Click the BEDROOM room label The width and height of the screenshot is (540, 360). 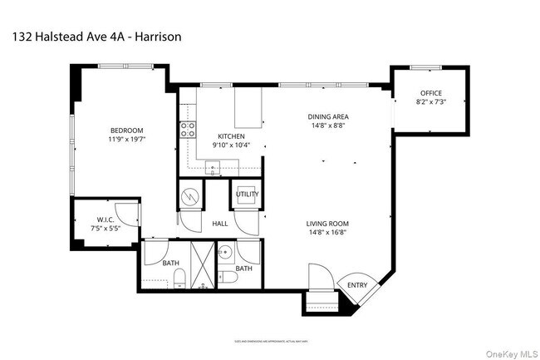pos(127,131)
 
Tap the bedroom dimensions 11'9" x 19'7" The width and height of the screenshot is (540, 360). pos(127,140)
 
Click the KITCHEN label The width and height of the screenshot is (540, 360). pos(230,136)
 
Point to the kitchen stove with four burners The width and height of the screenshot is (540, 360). pos(188,130)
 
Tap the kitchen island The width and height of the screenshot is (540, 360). pos(248,107)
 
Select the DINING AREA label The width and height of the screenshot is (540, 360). pos(326,118)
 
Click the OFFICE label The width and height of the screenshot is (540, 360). pos(430,92)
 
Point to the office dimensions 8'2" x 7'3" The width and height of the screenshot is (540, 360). pos(430,101)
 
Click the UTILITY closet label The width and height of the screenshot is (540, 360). pos(247,194)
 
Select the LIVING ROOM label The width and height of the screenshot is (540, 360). pos(326,224)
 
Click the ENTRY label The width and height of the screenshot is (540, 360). pos(357,285)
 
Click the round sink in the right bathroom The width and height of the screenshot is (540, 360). pos(224,250)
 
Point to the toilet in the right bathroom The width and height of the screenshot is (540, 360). pos(228,278)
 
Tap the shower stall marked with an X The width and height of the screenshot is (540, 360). pos(201,264)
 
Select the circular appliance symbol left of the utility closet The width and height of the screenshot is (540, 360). pos(190,197)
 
